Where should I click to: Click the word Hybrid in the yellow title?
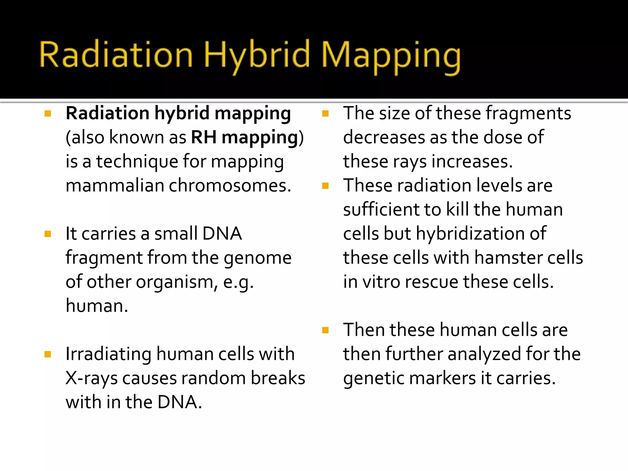point(257,55)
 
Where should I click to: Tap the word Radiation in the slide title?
point(116,55)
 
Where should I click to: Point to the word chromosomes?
point(230,186)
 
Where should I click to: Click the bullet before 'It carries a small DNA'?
point(48,234)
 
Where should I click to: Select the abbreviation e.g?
point(238,282)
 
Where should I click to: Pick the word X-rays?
point(91,378)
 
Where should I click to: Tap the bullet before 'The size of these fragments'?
point(325,114)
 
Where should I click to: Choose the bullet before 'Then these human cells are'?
point(325,330)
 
